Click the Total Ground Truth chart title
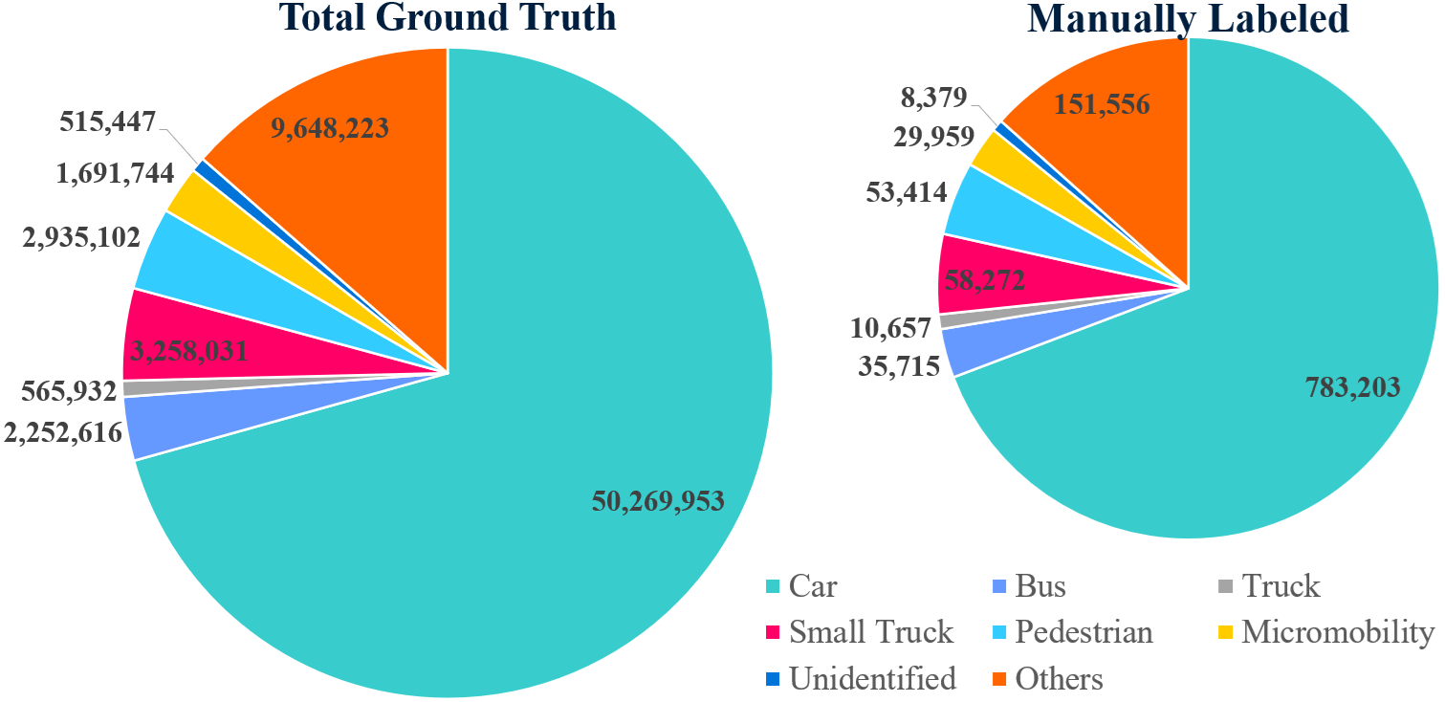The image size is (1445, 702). (x=447, y=17)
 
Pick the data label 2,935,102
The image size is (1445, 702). (x=80, y=236)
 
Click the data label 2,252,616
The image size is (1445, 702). (x=62, y=432)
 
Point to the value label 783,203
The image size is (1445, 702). (x=1352, y=386)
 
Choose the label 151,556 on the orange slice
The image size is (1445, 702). (x=1101, y=104)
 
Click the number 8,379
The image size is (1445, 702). (x=933, y=96)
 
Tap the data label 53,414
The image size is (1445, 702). (x=906, y=191)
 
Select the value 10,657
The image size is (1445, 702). (x=890, y=328)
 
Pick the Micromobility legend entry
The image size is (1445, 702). (x=1325, y=632)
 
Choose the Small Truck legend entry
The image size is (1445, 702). (x=859, y=632)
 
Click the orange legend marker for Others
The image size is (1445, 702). (x=999, y=680)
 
